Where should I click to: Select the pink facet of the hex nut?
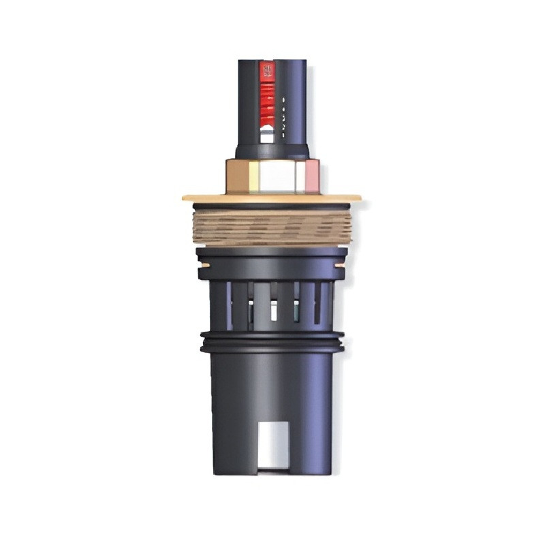(x=311, y=176)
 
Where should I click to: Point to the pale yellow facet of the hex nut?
(x=251, y=176)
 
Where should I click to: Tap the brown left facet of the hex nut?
(x=233, y=176)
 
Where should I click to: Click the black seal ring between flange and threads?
(x=272, y=206)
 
